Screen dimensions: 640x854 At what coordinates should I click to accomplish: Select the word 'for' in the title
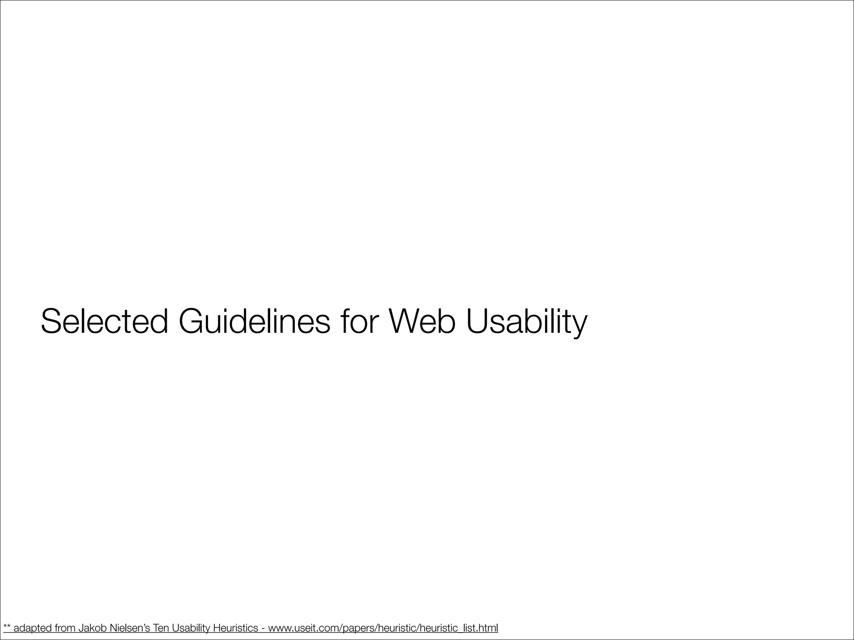pos(359,321)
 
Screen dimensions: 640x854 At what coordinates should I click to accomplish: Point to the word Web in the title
pos(421,321)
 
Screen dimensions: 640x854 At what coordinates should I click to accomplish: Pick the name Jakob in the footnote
pos(93,628)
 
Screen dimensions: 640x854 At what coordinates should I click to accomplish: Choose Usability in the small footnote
pos(191,628)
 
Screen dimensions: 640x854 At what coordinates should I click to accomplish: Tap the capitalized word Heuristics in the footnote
pos(236,628)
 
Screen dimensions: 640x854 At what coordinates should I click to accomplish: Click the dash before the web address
pos(263,628)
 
